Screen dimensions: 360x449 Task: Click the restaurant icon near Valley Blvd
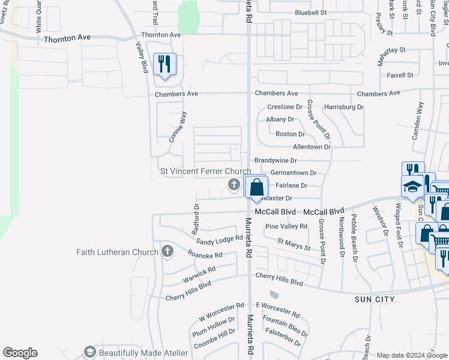[164, 64]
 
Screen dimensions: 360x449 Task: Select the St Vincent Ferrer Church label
[205, 172]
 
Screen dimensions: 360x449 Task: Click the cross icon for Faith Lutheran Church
[167, 251]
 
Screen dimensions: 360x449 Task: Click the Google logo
[20, 352]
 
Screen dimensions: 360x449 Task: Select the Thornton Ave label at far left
[67, 38]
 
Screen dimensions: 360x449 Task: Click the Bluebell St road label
[310, 12]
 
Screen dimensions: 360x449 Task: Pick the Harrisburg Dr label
[344, 107]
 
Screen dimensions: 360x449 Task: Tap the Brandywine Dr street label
[276, 161]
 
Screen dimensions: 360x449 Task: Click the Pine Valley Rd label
[286, 226]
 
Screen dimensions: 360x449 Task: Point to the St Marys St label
[294, 244]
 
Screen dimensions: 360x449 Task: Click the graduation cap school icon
[412, 187]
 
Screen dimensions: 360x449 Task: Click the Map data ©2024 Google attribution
[411, 355]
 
